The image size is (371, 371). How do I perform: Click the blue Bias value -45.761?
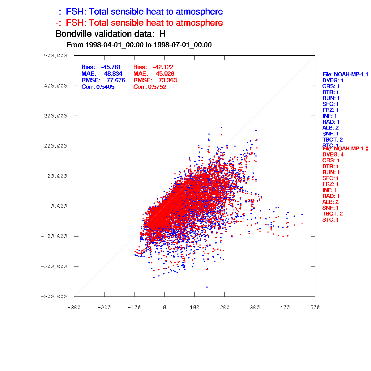pyautogui.click(x=111, y=67)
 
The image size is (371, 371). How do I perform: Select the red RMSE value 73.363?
pyautogui.click(x=168, y=80)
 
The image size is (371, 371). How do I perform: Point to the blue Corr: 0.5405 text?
pyautogui.click(x=98, y=87)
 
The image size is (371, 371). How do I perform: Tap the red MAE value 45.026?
pyautogui.click(x=165, y=74)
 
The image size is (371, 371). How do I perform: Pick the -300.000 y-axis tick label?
pyautogui.click(x=54, y=296)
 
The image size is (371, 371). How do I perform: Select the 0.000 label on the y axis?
pyautogui.click(x=59, y=206)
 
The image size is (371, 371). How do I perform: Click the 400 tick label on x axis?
pyautogui.click(x=285, y=307)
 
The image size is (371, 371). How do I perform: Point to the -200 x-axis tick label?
pyautogui.click(x=104, y=307)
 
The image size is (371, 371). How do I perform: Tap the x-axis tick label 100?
pyautogui.click(x=194, y=307)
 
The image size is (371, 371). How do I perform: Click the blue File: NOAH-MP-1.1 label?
pyautogui.click(x=345, y=75)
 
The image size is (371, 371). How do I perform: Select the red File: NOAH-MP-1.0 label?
pyautogui.click(x=345, y=149)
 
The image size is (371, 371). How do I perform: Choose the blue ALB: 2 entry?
pyautogui.click(x=330, y=128)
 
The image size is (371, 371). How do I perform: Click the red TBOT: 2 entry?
pyautogui.click(x=332, y=214)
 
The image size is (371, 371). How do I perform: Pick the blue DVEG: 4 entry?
pyautogui.click(x=333, y=81)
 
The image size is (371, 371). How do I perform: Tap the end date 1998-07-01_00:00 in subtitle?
pyautogui.click(x=182, y=45)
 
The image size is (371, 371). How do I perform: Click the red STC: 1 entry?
pyautogui.click(x=330, y=220)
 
